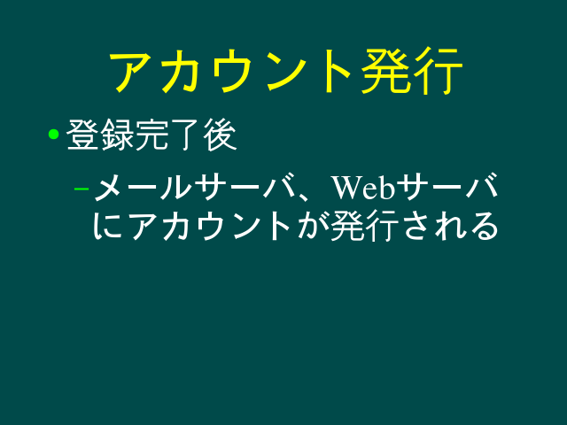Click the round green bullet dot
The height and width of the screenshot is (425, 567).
tap(53, 134)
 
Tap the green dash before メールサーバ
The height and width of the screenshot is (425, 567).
tap(82, 189)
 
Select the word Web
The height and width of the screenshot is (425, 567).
tap(364, 187)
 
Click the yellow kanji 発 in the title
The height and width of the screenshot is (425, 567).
tap(385, 71)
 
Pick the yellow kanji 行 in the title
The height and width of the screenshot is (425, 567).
tap(439, 71)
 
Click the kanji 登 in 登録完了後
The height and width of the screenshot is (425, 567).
tap(82, 135)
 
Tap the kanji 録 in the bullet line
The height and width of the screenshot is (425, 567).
tap(117, 135)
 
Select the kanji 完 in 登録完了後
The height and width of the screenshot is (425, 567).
tap(151, 135)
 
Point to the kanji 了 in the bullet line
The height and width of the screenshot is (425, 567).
tap(186, 135)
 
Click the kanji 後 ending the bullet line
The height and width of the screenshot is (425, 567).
tap(221, 135)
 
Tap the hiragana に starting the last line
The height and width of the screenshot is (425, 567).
tap(108, 226)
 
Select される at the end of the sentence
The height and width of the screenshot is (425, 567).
tap(451, 226)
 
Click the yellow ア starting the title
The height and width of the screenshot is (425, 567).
tap(132, 71)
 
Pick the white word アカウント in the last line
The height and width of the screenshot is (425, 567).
tap(210, 226)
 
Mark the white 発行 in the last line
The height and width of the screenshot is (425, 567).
tap(365, 226)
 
